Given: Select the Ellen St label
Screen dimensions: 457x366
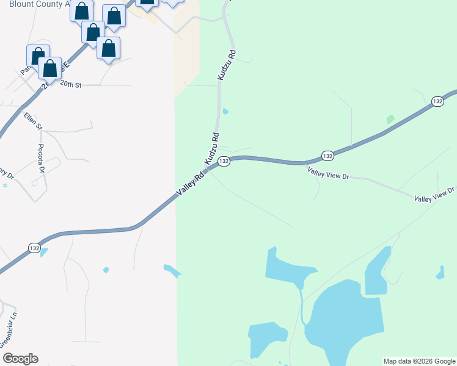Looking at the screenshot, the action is [33, 121].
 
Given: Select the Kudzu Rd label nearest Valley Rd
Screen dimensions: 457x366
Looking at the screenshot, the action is [211, 149].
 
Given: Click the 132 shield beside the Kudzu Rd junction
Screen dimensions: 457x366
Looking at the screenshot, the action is [224, 161].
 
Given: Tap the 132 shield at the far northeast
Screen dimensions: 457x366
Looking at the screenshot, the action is [437, 101].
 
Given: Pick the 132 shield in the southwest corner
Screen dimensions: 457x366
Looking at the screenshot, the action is [35, 248].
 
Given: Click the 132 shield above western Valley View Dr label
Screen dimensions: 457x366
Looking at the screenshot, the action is [327, 156].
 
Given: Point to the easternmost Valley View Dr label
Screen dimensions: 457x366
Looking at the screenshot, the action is [434, 195].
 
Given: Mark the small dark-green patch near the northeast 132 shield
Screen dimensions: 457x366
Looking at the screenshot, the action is [390, 120].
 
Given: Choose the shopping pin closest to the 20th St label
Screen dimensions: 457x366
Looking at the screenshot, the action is [50, 68].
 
